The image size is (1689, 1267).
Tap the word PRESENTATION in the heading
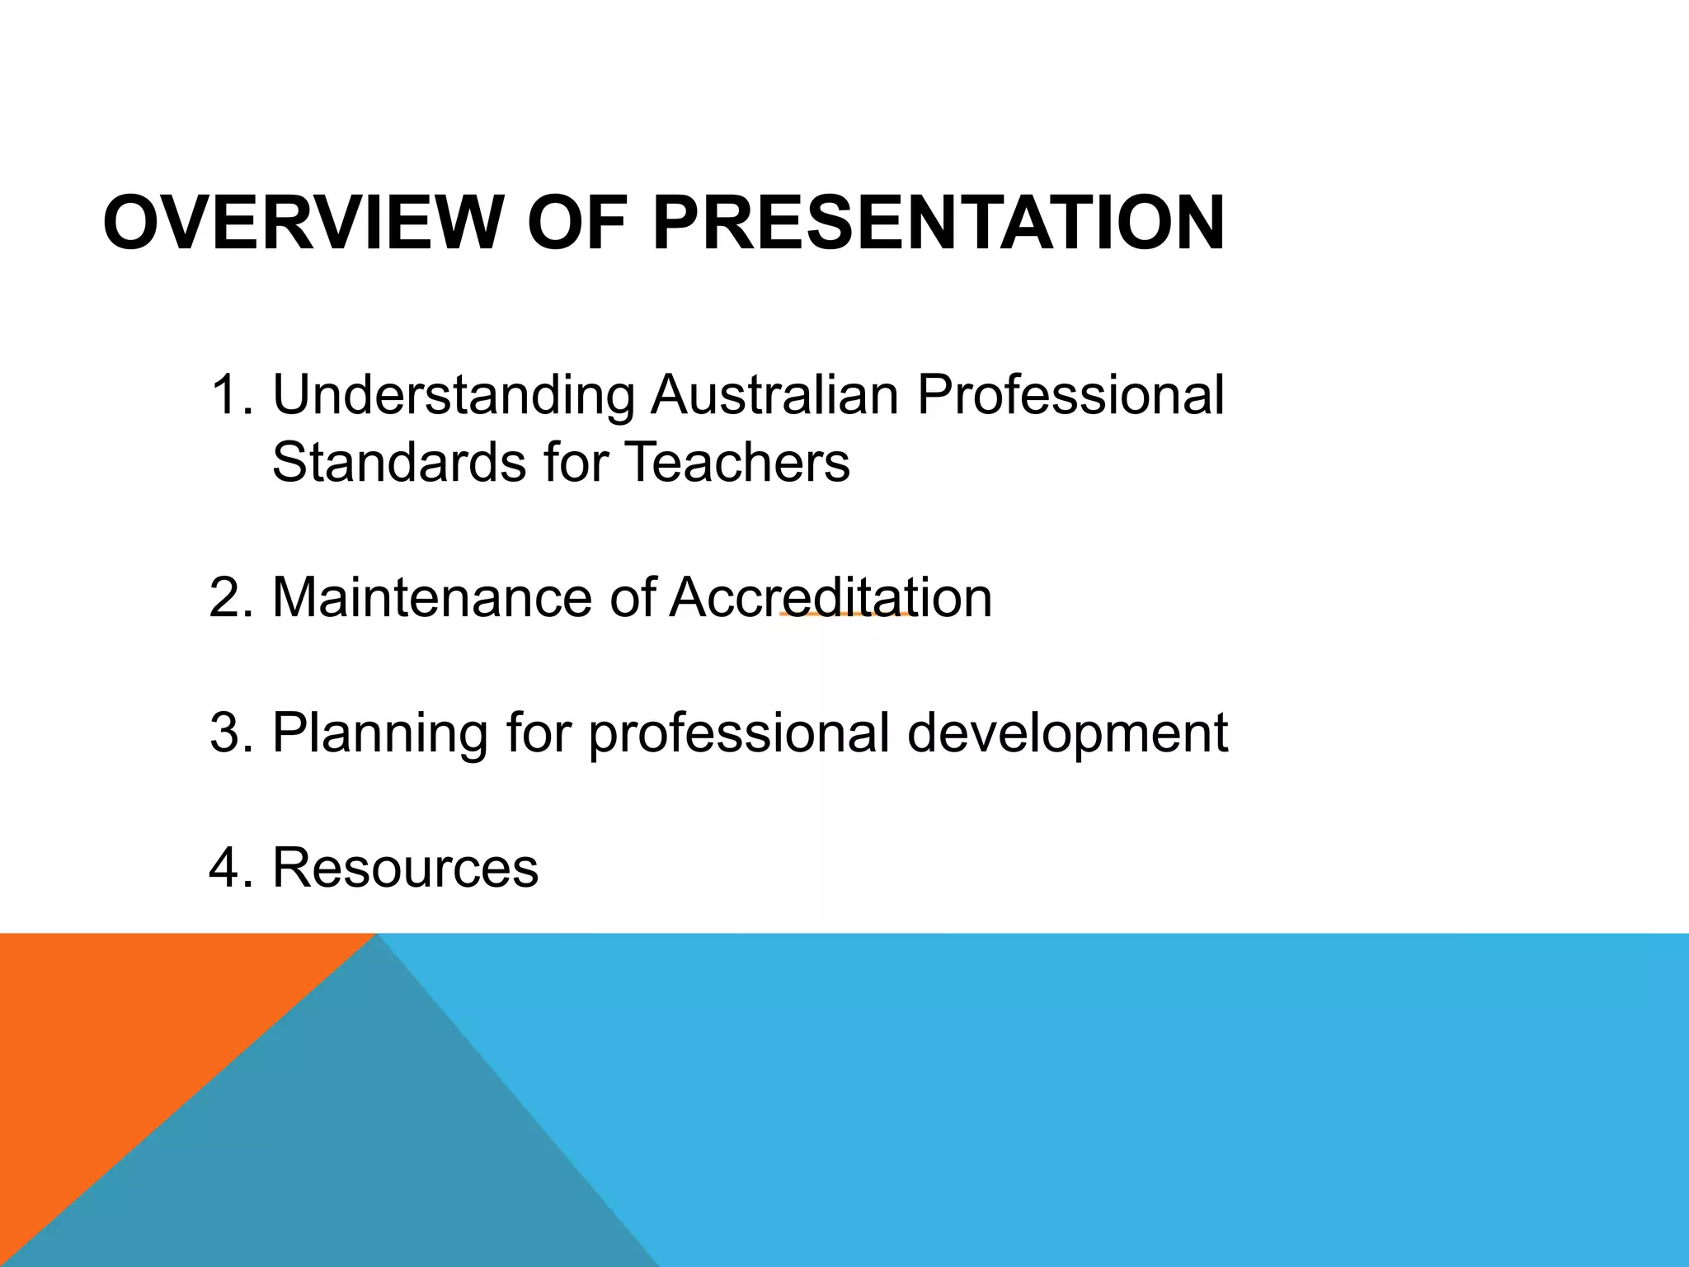tap(939, 224)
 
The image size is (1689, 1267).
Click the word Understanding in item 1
tap(453, 396)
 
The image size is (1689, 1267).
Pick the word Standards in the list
tap(399, 462)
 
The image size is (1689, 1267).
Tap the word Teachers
tap(737, 462)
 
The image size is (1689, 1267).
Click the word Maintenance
tap(431, 597)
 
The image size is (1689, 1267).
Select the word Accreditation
tap(830, 597)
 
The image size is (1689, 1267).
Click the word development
tap(1067, 734)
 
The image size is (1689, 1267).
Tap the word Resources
tap(405, 868)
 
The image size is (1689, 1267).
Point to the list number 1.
tap(230, 396)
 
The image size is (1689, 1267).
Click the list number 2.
tap(230, 597)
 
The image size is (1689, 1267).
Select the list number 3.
tap(230, 732)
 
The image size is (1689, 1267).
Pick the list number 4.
tap(230, 868)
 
